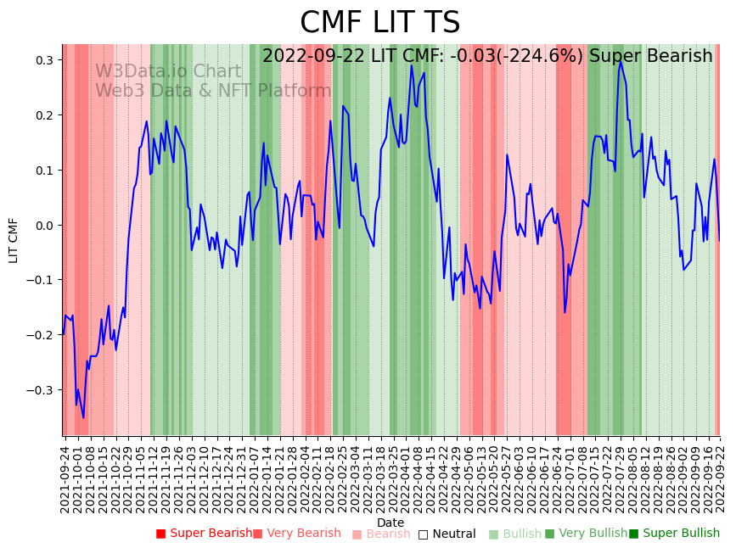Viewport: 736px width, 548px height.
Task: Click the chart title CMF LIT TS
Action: [x=379, y=23]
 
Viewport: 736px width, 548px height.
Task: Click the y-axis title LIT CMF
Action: [x=14, y=240]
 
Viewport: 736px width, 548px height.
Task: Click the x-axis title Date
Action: [x=390, y=523]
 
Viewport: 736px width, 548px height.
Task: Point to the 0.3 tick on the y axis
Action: [x=44, y=60]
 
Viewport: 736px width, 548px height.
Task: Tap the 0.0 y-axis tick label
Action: [x=44, y=226]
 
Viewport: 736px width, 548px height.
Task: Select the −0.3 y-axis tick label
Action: [x=42, y=390]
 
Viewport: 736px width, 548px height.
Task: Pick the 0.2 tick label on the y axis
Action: [x=44, y=115]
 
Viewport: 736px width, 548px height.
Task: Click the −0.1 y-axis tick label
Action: [x=42, y=280]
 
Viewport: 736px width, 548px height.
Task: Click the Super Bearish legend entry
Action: [x=204, y=534]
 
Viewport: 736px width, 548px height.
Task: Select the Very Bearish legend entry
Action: [x=296, y=534]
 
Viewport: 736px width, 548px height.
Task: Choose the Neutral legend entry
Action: [x=447, y=534]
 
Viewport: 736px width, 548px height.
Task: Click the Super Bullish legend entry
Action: [x=674, y=534]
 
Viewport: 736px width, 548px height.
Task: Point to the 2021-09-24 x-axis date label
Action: [x=65, y=475]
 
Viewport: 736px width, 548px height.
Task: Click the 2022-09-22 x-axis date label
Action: [x=721, y=475]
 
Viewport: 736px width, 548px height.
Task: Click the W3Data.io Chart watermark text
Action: [x=168, y=72]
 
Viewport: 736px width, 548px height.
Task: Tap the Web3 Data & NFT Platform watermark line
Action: [x=213, y=91]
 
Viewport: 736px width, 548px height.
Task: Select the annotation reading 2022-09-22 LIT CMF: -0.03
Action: [x=487, y=57]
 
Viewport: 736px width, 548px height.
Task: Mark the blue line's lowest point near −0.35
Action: [x=83, y=417]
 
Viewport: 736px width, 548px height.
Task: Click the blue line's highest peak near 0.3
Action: [x=620, y=61]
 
